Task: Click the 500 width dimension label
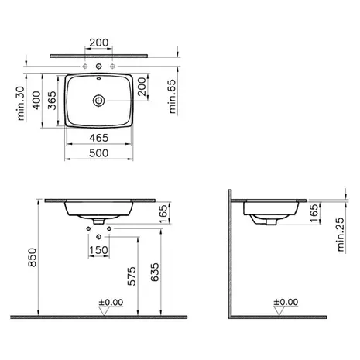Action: (98, 153)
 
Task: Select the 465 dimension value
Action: (98, 138)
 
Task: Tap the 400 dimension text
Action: (36, 101)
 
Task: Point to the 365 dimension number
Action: (52, 101)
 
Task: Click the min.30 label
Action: (21, 103)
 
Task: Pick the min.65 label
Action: (172, 96)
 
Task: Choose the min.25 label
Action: (341, 235)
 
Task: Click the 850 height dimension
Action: (33, 257)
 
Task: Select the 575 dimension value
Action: (132, 276)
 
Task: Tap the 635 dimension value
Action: (155, 273)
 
